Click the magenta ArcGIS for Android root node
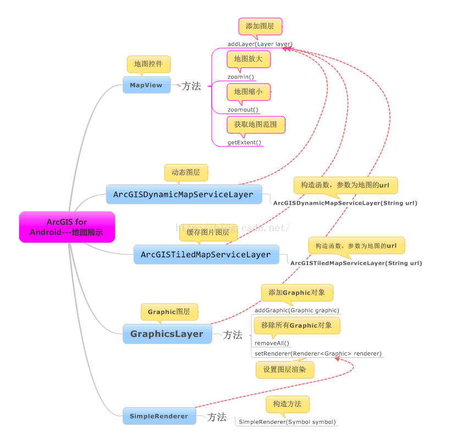[67, 227]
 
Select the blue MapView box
[147, 85]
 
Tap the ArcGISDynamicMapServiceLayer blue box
[184, 194]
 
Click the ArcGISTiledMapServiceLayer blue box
[206, 255]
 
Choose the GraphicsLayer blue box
[167, 334]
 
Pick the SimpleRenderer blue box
[159, 416]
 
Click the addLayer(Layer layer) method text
[260, 44]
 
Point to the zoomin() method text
[241, 77]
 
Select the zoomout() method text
[243, 110]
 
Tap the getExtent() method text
[244, 142]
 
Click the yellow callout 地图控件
[148, 65]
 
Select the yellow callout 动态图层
[186, 173]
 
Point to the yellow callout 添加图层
[260, 27]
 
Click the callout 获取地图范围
[256, 125]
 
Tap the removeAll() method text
[272, 343]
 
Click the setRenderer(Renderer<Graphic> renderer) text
[318, 353]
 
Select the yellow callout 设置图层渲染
[285, 369]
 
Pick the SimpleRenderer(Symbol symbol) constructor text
[288, 422]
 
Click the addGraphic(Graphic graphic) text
[297, 310]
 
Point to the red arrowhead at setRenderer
[337, 359]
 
